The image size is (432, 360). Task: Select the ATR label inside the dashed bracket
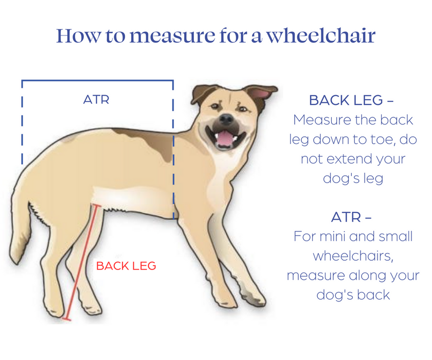tap(96, 99)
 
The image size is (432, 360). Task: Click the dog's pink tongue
tap(225, 137)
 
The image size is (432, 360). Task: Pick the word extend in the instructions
tap(345, 159)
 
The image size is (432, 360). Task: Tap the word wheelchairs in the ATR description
tap(353, 256)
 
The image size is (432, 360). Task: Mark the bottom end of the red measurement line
tap(66, 319)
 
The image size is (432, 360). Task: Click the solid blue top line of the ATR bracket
tap(97, 80)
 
